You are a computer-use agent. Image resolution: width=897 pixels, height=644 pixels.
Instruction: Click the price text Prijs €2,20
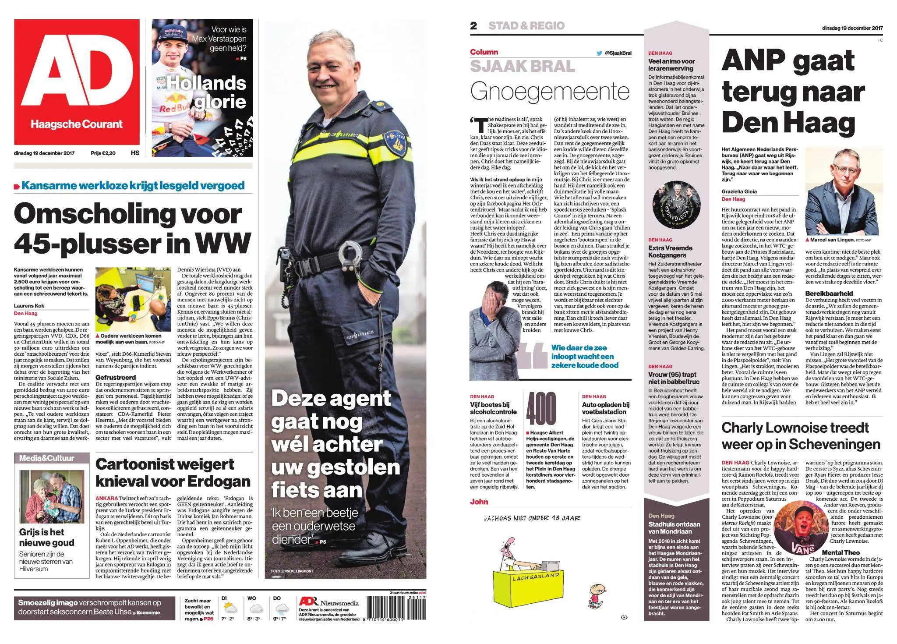(x=103, y=153)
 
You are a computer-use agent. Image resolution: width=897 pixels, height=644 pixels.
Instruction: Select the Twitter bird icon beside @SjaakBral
(x=599, y=53)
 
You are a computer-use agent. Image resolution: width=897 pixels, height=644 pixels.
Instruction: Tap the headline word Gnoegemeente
(x=550, y=92)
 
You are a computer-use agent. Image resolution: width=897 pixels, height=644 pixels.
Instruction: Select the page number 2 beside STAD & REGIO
(x=473, y=26)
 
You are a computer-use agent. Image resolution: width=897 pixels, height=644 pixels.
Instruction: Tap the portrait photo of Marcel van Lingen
(x=843, y=191)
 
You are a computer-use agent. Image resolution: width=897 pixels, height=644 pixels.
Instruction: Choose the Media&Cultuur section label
(x=47, y=458)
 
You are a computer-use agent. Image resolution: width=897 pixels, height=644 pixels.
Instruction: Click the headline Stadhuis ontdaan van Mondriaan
(x=674, y=527)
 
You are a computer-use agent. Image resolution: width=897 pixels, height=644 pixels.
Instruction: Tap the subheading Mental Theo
(x=840, y=552)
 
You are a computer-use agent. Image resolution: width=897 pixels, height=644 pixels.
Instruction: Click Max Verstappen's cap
(x=171, y=32)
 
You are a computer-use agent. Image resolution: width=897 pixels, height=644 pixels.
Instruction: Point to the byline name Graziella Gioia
(x=739, y=191)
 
